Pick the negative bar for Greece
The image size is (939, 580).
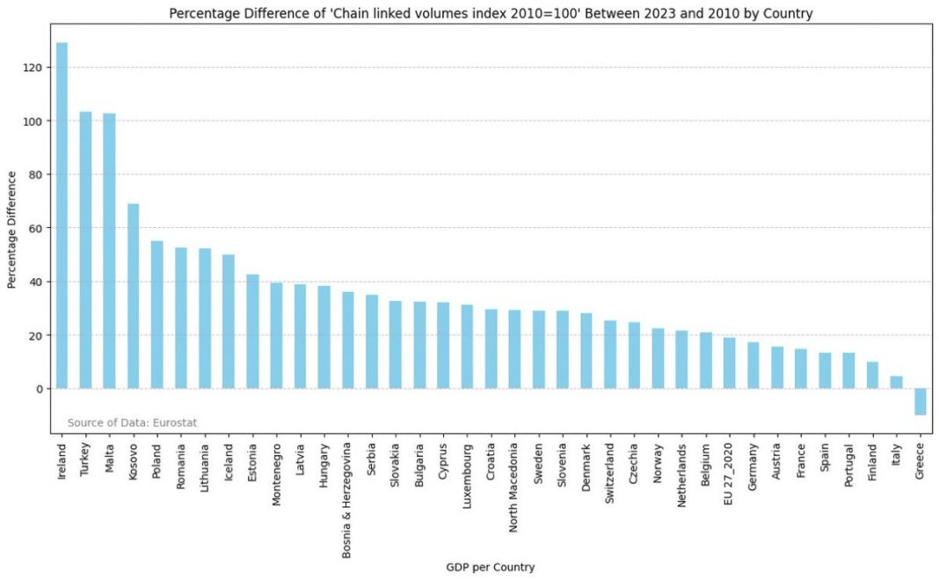pyautogui.click(x=920, y=401)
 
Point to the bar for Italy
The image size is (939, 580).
pyautogui.click(x=896, y=383)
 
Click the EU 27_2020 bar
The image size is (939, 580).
pyautogui.click(x=729, y=363)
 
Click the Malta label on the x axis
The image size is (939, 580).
pyautogui.click(x=109, y=457)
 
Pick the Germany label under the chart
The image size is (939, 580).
pyautogui.click(x=753, y=466)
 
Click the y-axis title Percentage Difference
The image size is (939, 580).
pyautogui.click(x=12, y=229)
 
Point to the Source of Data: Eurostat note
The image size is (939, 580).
pyautogui.click(x=132, y=422)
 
